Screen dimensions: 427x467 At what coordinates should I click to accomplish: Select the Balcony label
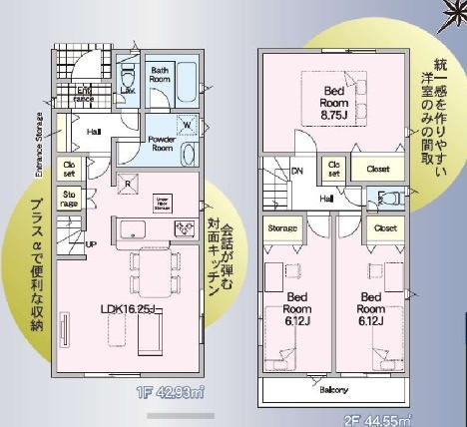333,390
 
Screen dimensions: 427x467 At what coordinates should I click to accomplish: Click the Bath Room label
161,74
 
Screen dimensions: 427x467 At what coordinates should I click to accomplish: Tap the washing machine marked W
187,124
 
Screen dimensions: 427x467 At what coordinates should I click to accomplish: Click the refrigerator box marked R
129,182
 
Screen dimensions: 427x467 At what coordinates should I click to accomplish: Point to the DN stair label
297,171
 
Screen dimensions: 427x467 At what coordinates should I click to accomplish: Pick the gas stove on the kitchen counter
186,230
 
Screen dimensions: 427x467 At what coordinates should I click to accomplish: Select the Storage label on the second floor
283,229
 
